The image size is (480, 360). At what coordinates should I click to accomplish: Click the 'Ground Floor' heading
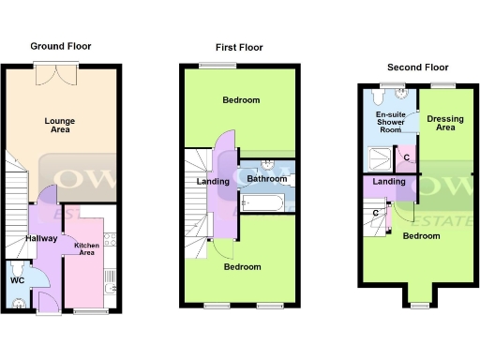coord(60,45)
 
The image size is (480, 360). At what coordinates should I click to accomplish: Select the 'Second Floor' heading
coord(417,67)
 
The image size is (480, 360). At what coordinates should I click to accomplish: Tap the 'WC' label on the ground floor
coord(17,280)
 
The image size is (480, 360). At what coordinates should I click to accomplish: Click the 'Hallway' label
coord(42,239)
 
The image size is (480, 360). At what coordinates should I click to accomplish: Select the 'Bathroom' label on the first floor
coord(266,178)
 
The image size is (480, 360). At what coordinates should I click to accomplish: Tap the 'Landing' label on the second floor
coord(388,182)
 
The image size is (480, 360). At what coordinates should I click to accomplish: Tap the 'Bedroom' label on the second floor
coord(421,235)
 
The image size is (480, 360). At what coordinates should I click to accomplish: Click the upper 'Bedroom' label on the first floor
coord(241,100)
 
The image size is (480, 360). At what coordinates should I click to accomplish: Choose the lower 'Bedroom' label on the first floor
coord(241,266)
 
